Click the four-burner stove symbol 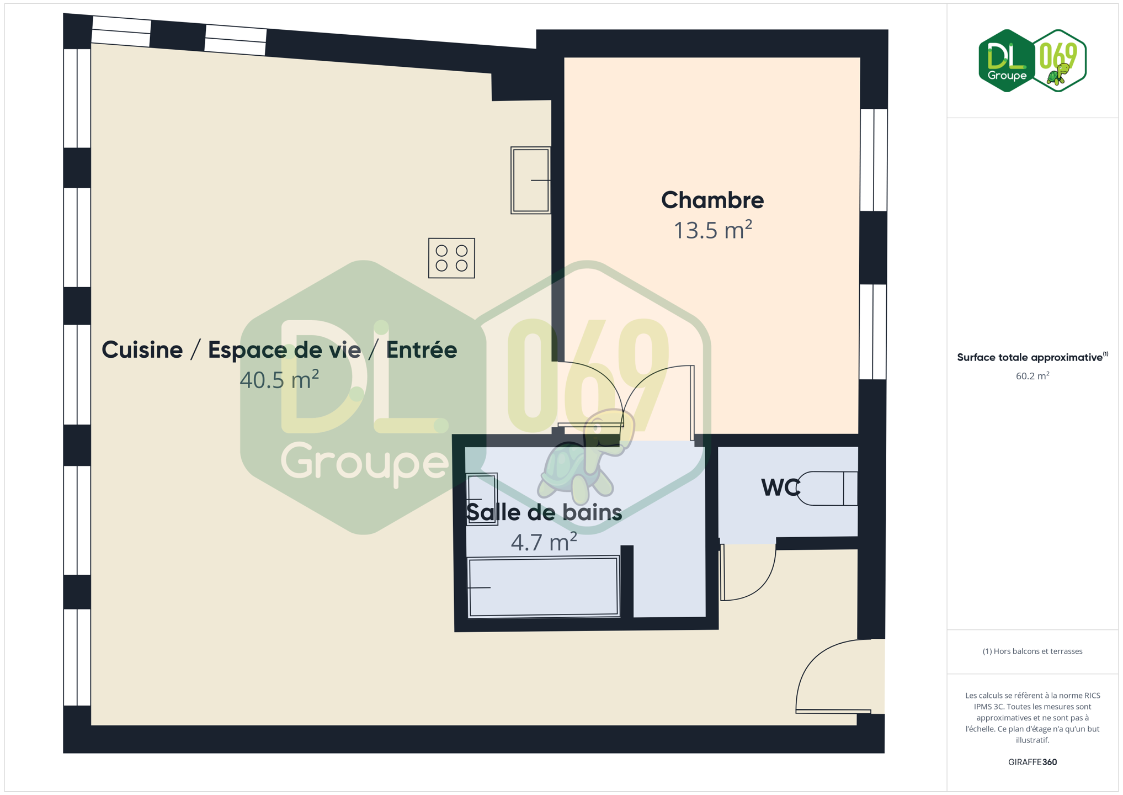tap(451, 258)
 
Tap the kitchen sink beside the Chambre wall tap(530, 180)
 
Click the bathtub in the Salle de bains tap(544, 586)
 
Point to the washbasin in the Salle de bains tap(482, 499)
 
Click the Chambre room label tap(712, 200)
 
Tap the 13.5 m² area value tap(712, 230)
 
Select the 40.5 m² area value tap(279, 379)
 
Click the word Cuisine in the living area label tap(142, 349)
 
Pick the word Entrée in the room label tap(422, 349)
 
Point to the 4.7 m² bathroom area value tap(544, 542)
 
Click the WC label tap(780, 487)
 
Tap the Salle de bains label tap(544, 512)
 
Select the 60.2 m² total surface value tap(1032, 376)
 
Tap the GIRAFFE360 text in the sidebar tap(1032, 762)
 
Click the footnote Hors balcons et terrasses tap(1032, 651)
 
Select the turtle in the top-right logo tap(1058, 75)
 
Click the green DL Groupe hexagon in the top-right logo tap(1006, 61)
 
